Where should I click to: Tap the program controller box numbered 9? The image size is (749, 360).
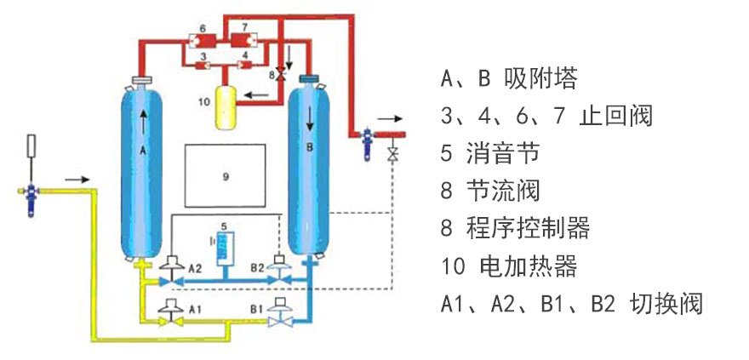click(225, 176)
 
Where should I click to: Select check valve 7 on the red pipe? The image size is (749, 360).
click(243, 39)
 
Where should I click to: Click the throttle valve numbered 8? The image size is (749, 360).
click(282, 75)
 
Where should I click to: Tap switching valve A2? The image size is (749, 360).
click(171, 271)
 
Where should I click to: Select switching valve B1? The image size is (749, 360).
click(278, 314)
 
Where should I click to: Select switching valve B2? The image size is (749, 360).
click(278, 271)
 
